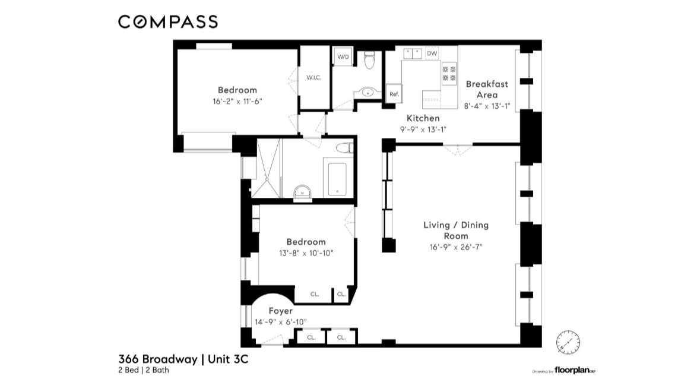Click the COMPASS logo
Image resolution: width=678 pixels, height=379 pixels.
tap(168, 22)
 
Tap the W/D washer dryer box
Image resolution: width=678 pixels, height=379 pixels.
tap(343, 56)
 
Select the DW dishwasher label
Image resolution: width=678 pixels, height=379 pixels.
tap(432, 53)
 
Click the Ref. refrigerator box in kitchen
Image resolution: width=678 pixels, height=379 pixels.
tap(393, 94)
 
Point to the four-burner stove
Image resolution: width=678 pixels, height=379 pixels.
tap(449, 74)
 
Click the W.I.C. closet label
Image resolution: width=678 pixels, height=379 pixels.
tap(313, 78)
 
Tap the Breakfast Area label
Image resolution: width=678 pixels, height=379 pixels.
tap(486, 89)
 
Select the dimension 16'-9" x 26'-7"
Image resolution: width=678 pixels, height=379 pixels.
tap(456, 247)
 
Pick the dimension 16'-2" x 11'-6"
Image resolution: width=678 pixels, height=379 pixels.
tap(237, 101)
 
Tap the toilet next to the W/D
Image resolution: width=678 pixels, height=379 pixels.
tap(369, 59)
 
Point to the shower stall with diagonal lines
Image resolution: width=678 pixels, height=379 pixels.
tap(265, 168)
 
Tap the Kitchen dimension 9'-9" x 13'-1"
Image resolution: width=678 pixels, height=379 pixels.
tap(423, 130)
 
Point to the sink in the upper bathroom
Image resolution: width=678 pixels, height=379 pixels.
tap(368, 93)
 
